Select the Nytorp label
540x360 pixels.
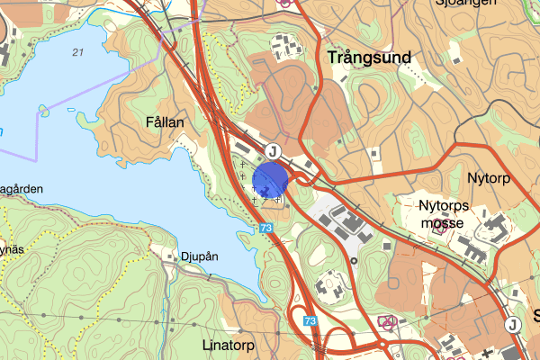(489, 178)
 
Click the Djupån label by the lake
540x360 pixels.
(199, 256)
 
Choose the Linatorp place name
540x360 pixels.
(229, 346)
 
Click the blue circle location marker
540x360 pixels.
(270, 179)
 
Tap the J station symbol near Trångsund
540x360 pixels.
(274, 150)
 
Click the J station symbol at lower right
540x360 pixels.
(512, 325)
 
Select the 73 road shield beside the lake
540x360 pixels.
(265, 229)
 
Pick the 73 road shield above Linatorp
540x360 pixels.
(310, 321)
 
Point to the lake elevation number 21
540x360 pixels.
(77, 53)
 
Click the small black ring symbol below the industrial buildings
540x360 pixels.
(354, 260)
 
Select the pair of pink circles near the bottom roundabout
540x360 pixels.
(388, 319)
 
